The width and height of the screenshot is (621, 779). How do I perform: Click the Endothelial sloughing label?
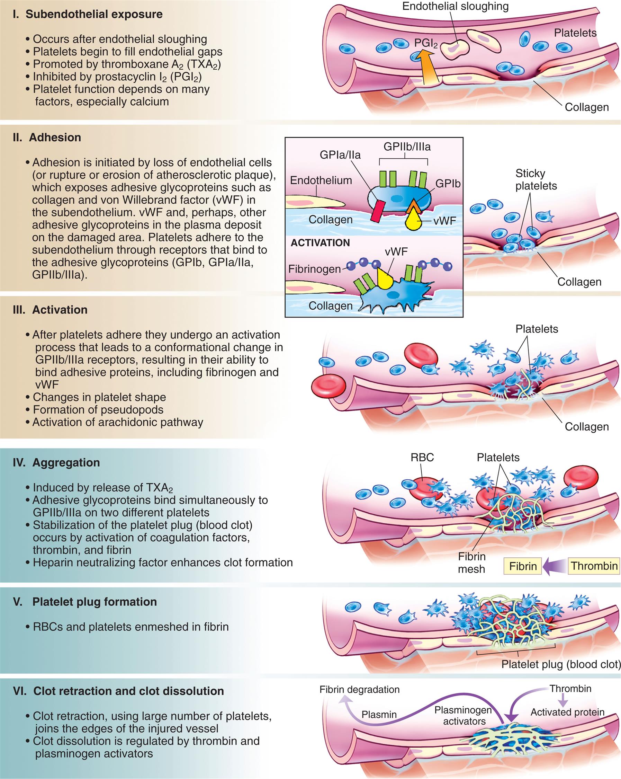click(455, 6)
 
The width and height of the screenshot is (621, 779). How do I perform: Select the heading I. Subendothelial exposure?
click(87, 14)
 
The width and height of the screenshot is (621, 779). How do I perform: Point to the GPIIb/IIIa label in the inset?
click(407, 147)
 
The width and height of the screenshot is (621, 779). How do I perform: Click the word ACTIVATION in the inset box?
click(320, 242)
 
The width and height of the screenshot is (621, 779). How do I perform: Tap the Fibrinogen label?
click(314, 269)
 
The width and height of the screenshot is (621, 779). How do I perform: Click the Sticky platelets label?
click(536, 179)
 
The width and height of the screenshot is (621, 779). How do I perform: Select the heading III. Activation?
click(50, 310)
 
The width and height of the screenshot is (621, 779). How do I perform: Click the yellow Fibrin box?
click(522, 566)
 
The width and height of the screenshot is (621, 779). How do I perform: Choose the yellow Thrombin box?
click(594, 566)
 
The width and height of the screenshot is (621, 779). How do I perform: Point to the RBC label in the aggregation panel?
click(422, 458)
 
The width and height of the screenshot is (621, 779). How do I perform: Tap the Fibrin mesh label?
click(471, 563)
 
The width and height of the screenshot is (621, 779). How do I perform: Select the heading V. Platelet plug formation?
click(85, 602)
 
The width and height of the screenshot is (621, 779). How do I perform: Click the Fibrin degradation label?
click(359, 689)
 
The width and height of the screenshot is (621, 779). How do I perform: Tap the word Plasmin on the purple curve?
click(379, 714)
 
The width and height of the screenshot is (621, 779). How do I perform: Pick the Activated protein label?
click(567, 712)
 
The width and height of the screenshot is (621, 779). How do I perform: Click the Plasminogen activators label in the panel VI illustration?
click(463, 715)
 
